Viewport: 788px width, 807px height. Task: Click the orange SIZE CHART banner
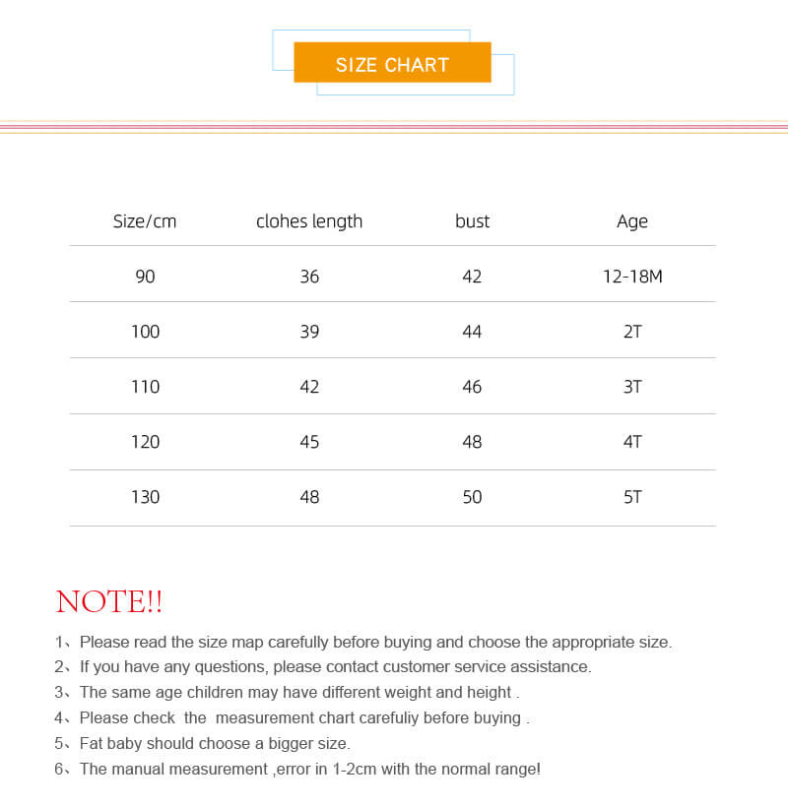coord(392,63)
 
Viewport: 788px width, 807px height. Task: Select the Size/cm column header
coord(145,221)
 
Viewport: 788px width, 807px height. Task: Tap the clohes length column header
coord(309,221)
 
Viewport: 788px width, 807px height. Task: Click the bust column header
coord(472,221)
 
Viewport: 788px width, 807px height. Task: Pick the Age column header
coord(632,221)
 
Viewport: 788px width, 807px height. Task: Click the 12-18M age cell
coord(632,277)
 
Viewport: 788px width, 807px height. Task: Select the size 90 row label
coord(145,277)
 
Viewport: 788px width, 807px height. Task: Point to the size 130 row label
coord(145,497)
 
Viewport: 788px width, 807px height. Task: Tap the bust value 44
coord(472,332)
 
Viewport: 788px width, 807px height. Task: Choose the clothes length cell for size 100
coord(309,332)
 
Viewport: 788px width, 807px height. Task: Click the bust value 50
coord(472,497)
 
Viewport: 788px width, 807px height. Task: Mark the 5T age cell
coord(632,497)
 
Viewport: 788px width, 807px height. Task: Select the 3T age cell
coord(632,387)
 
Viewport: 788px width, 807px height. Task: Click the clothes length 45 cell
coord(309,442)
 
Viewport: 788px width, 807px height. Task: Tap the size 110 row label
coord(145,387)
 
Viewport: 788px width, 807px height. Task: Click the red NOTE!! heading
coord(109,601)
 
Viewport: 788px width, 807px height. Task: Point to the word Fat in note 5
coord(92,744)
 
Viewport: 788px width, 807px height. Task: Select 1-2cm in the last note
coord(353,770)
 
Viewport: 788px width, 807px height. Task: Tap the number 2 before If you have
coord(59,667)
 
